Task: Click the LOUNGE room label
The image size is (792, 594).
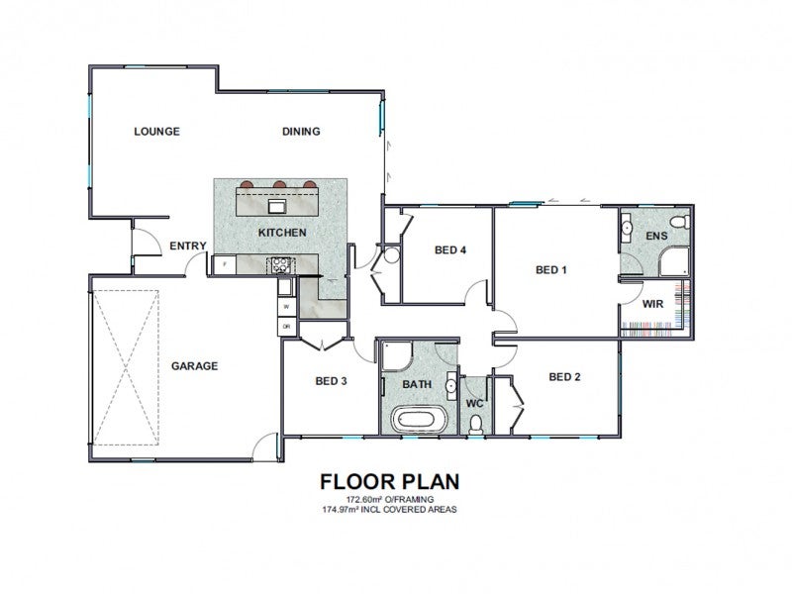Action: pos(156,132)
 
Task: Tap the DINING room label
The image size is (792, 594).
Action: pos(301,132)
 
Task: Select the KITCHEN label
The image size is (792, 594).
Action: pos(282,233)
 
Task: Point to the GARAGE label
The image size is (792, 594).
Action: pos(194,365)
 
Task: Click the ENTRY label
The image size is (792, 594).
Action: pos(188,246)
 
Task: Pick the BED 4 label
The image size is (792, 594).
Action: pos(450,250)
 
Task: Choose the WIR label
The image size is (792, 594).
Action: pos(652,304)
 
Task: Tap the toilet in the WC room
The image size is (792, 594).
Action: pos(475,424)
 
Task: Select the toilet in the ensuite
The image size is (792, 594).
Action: pos(680,222)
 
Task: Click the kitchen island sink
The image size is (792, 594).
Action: pos(277,206)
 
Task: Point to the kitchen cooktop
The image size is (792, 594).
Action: pos(279,265)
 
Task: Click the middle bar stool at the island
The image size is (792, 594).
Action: pos(280,184)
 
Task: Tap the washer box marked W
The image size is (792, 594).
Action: pos(286,307)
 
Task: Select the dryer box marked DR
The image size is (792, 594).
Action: pos(286,327)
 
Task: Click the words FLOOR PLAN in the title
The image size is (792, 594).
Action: pos(389,482)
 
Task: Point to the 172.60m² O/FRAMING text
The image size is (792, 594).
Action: pos(389,500)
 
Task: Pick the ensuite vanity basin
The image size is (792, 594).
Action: pos(627,228)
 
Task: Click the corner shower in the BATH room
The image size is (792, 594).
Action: pos(397,356)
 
